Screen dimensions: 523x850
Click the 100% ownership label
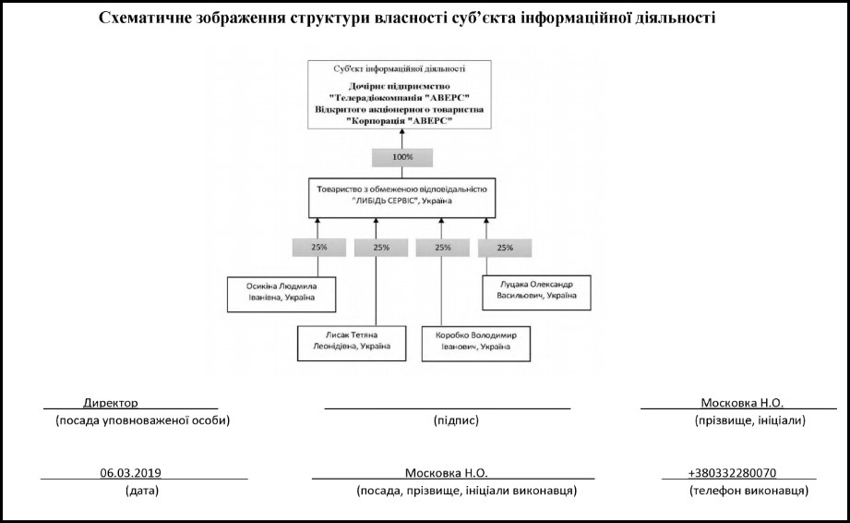click(402, 157)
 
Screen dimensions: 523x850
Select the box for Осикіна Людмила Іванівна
click(281, 291)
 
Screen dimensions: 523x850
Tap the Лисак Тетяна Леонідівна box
click(343, 340)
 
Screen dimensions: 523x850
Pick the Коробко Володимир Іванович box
click(469, 340)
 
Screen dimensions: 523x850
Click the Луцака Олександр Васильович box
click(536, 291)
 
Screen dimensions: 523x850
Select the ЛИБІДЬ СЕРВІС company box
click(401, 195)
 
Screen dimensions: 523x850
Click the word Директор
click(110, 404)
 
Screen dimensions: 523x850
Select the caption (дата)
click(141, 491)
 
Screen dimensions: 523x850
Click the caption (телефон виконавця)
click(748, 491)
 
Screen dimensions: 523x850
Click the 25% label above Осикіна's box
click(317, 248)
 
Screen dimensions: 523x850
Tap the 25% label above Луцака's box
click(504, 248)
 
